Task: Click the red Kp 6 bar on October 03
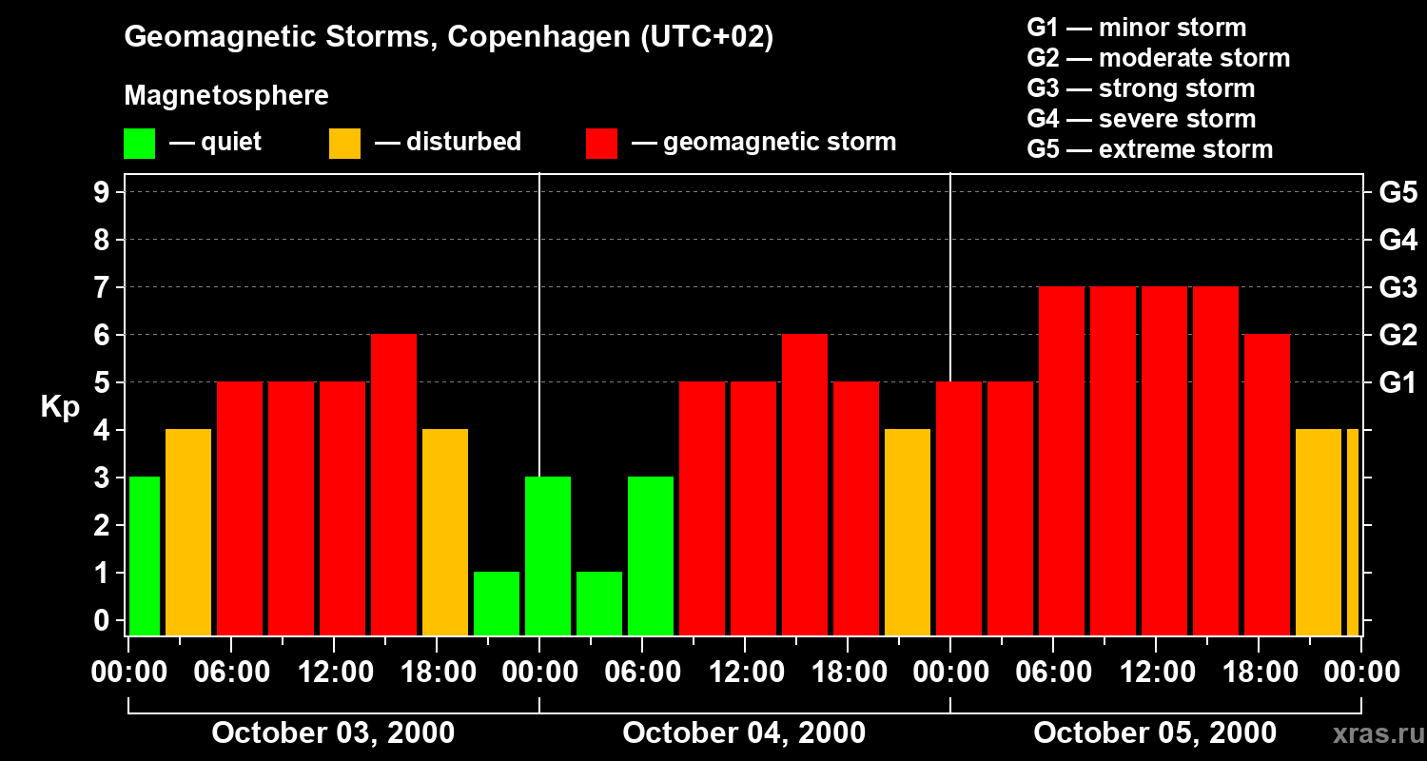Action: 394,484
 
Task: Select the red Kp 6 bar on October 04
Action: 805,484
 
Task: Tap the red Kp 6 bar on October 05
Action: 1267,484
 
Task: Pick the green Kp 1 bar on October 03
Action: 497,603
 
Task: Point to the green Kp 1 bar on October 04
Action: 599,603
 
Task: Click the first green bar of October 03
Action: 145,556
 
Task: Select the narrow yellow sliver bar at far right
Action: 1353,532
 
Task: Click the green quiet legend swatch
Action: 139,144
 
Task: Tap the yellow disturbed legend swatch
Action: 344,144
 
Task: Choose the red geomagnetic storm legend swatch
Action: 602,144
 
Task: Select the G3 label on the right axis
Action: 1398,287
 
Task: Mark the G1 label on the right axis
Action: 1398,382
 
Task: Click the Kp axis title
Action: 60,406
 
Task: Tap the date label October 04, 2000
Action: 744,733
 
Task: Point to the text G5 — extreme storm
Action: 1149,149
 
